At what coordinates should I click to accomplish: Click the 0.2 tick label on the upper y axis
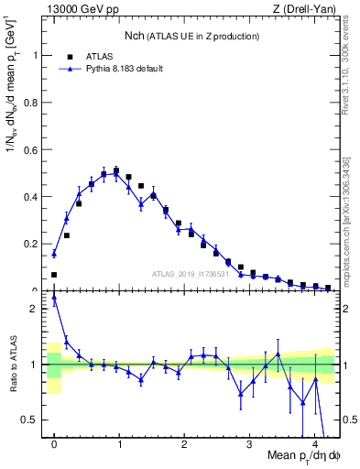point(34,244)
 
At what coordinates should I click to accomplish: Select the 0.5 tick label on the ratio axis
point(34,420)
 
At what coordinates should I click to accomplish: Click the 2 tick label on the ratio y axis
point(38,309)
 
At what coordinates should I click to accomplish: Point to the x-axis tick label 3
point(250,445)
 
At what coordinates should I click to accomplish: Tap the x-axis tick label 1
point(120,445)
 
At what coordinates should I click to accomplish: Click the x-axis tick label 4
point(315,445)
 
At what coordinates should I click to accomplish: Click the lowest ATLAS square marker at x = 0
point(54,275)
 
